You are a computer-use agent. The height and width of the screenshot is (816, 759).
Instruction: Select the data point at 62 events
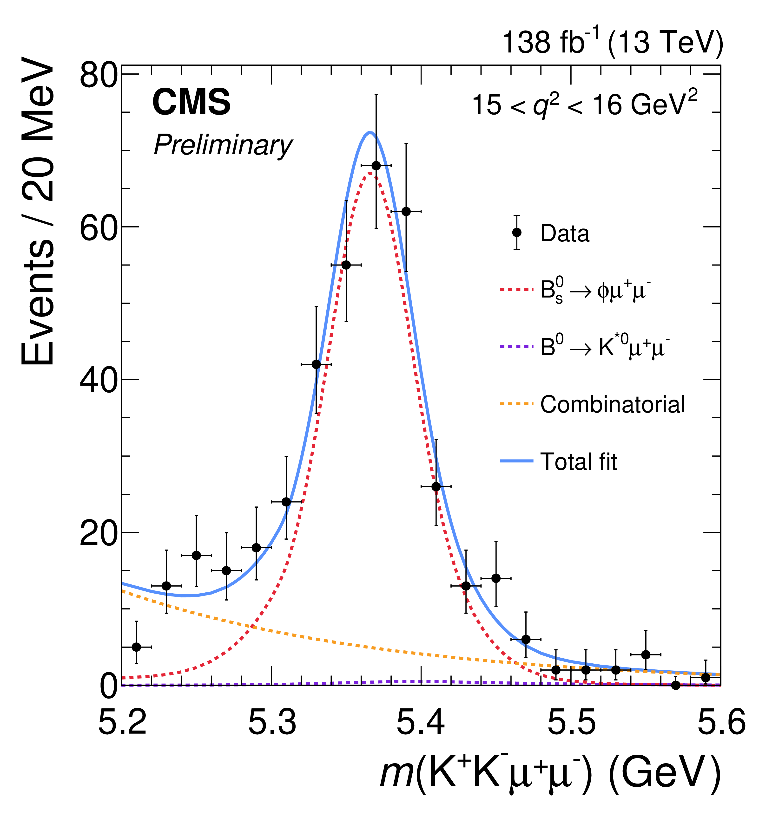406,211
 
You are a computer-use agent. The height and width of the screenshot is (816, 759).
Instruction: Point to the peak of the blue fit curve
370,132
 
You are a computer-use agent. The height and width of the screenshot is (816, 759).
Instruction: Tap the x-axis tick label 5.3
272,723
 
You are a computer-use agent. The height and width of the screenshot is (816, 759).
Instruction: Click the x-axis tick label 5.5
571,723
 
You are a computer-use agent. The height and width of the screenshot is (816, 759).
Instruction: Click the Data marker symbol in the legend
517,232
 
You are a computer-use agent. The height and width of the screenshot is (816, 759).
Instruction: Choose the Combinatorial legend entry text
612,404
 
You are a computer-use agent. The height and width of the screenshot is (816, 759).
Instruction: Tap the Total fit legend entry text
578,461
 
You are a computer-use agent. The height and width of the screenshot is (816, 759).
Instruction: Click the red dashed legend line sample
517,290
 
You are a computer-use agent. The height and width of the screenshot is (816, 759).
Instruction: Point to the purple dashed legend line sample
517,347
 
